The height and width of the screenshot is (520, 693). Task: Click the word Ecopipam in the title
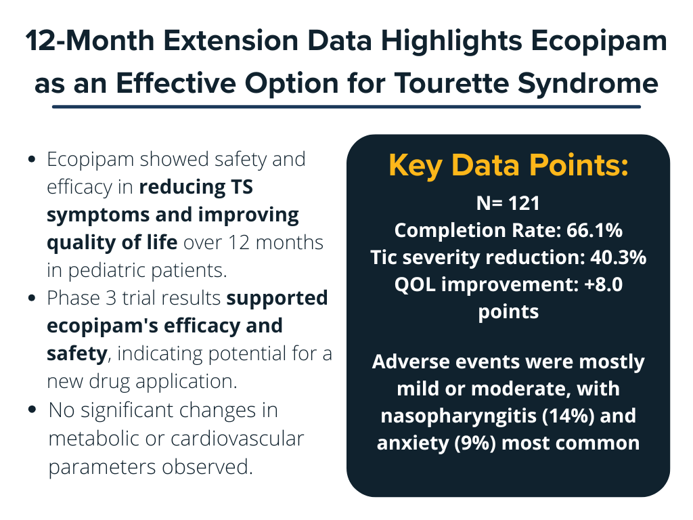599,41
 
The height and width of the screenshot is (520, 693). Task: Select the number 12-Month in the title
90,41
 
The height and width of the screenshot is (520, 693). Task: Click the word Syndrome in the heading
588,84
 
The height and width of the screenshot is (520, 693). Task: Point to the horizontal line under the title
346,106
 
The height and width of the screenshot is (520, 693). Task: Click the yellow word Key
415,167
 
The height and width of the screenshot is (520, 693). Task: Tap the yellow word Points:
579,165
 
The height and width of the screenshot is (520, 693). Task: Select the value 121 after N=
524,204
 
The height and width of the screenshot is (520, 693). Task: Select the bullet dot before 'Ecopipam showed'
31,160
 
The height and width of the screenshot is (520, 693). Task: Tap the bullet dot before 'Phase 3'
31,299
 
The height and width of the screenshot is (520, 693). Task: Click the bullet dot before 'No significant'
31,410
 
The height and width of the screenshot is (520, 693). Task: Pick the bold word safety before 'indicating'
77,353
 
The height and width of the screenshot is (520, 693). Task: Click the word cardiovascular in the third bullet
237,439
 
